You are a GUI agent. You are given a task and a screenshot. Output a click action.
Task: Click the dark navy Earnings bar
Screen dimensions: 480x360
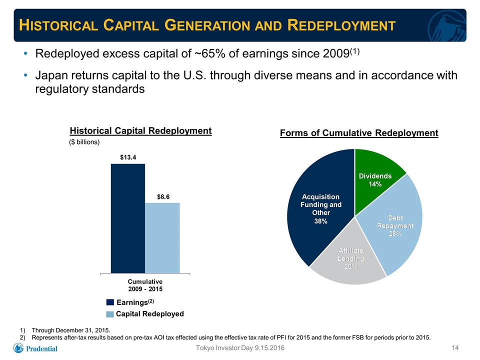click(x=128, y=218)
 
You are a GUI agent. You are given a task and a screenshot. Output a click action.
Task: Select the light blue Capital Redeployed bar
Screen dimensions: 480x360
click(x=162, y=238)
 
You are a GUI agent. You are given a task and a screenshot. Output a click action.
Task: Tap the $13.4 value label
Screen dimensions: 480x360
click(x=128, y=157)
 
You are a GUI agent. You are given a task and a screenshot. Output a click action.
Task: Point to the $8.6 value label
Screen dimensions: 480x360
click(x=163, y=197)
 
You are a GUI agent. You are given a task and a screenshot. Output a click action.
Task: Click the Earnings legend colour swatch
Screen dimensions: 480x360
click(x=110, y=302)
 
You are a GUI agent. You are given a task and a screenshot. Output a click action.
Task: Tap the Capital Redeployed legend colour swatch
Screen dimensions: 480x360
click(x=110, y=314)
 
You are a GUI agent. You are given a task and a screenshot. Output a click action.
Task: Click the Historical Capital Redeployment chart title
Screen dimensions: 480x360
click(x=141, y=130)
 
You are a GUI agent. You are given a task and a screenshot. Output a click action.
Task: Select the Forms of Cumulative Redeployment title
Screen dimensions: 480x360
click(x=359, y=133)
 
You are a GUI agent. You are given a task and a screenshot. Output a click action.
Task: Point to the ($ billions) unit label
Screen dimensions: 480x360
click(x=84, y=142)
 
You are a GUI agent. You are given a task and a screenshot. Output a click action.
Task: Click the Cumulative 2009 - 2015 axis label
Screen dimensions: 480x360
click(x=145, y=285)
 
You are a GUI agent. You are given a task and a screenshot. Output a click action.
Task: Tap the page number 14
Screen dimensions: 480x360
click(x=455, y=348)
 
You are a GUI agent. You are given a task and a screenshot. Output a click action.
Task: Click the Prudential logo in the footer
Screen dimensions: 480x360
click(x=35, y=348)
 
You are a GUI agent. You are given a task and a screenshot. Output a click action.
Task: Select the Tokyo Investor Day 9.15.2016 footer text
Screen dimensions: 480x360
click(x=240, y=348)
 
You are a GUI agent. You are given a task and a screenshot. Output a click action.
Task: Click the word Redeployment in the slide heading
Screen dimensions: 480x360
click(x=341, y=25)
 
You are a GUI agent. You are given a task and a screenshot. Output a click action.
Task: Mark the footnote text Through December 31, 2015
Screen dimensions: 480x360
click(x=71, y=330)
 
